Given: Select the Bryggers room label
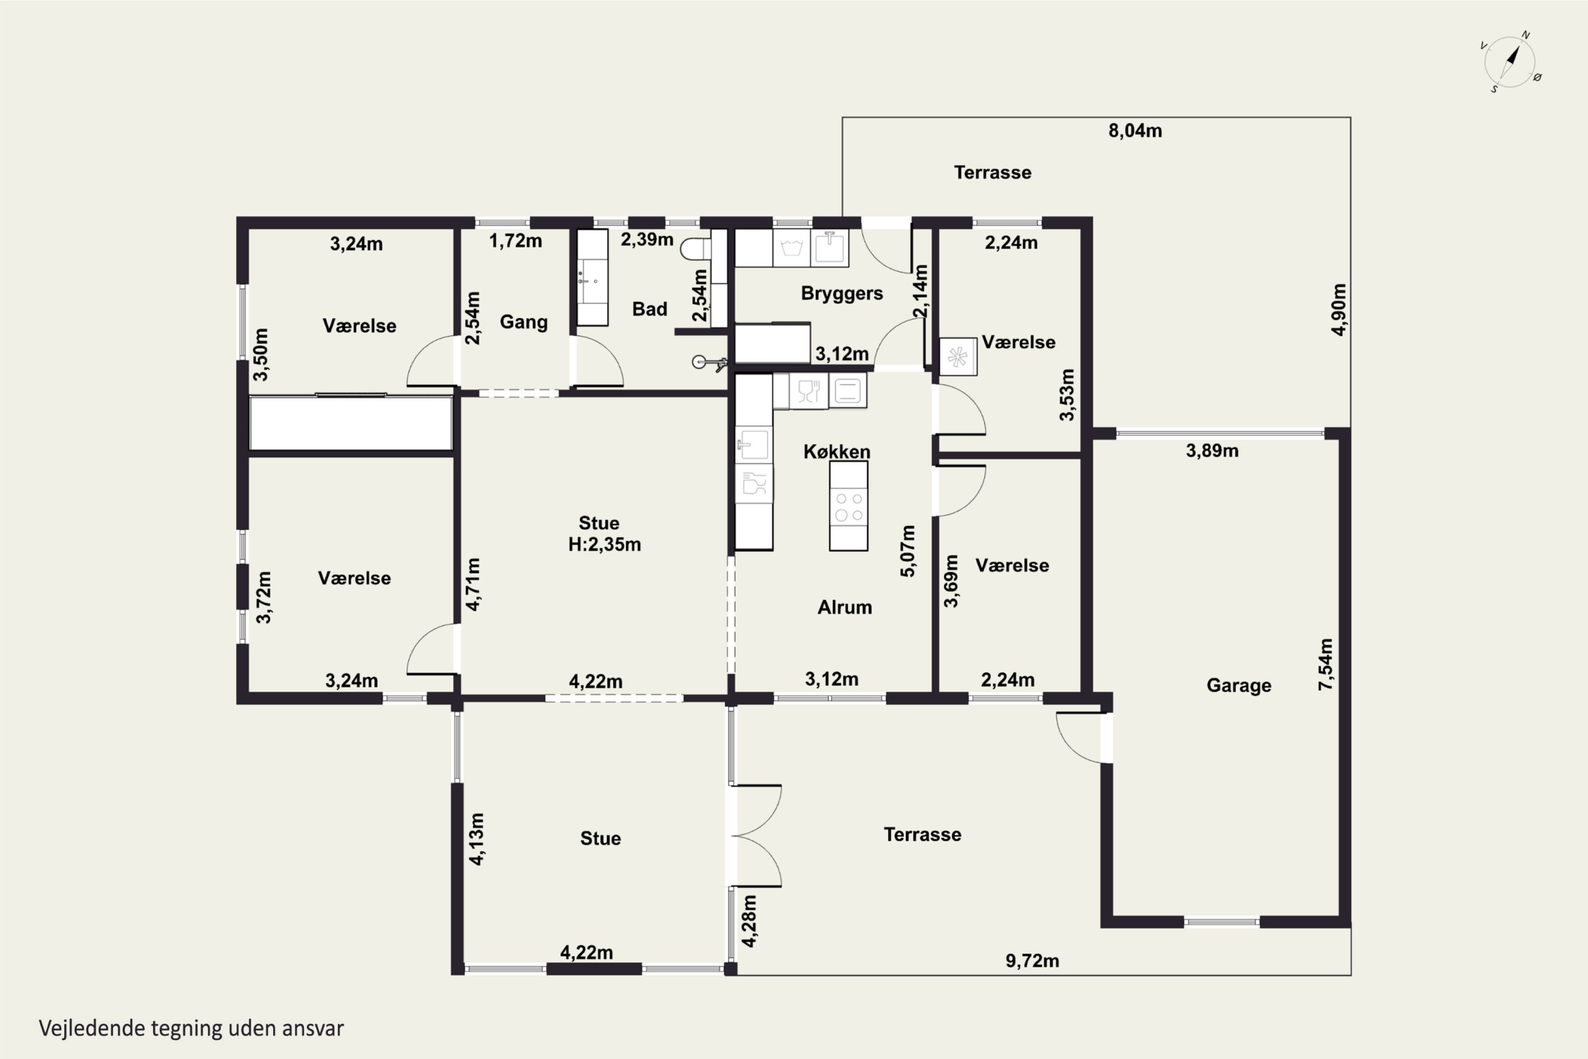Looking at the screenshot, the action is click(842, 293).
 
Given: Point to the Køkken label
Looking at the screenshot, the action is click(836, 451).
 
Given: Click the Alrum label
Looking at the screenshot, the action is click(845, 607).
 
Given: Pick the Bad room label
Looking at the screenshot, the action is click(649, 309).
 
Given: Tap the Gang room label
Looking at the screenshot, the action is click(524, 321).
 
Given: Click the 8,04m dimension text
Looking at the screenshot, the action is click(1135, 130).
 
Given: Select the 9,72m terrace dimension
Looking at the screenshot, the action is click(1032, 961).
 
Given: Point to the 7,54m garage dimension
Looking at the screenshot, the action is click(1326, 664).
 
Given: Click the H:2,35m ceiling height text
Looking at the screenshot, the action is click(604, 544).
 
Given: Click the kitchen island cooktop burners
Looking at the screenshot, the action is click(849, 507).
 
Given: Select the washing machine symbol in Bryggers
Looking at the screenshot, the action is click(791, 247).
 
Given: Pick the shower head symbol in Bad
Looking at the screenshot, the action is click(709, 363).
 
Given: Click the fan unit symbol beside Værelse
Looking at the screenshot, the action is click(958, 356).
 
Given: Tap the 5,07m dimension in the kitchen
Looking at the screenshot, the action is click(908, 551).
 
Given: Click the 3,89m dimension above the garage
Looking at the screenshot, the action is click(1212, 451).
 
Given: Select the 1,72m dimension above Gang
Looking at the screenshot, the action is click(515, 240).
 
